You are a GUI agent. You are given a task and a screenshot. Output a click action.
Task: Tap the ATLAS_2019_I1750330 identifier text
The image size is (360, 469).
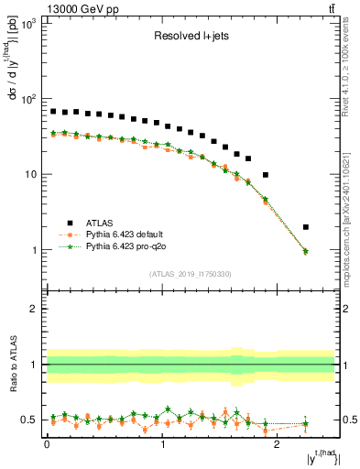(x=191, y=274)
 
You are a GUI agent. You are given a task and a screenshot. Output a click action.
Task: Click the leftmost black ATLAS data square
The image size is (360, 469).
(x=53, y=111)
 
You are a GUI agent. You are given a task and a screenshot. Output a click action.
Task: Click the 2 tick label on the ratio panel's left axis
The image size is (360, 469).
(x=36, y=309)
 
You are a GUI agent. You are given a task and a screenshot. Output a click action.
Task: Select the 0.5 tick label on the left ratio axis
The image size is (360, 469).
(x=30, y=420)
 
